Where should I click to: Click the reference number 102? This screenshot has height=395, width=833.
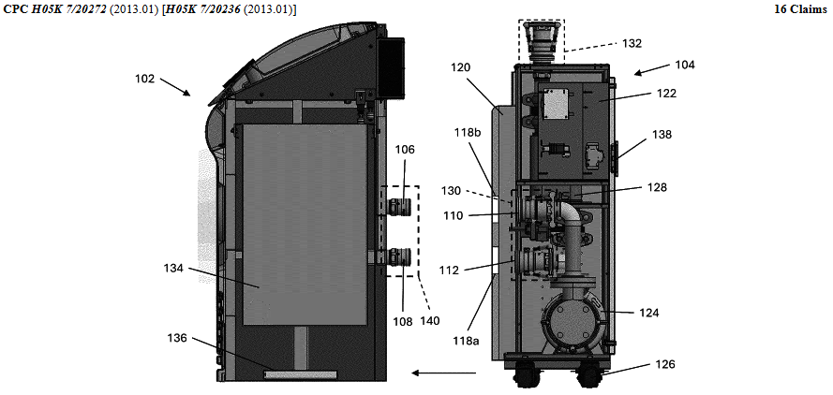point(144,80)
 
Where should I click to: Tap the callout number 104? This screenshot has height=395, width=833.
point(685,65)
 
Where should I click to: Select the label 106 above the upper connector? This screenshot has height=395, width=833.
point(405,151)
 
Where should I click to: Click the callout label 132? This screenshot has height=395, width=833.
point(632,44)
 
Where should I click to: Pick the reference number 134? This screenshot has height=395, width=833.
point(173,269)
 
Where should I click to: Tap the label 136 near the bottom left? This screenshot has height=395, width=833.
point(178,338)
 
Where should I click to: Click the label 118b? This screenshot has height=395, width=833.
point(468,132)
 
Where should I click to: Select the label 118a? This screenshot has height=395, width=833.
point(466,341)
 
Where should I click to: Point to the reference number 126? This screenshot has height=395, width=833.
point(665,364)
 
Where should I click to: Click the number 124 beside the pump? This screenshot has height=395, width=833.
point(648,314)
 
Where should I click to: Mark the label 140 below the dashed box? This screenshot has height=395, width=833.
point(430,321)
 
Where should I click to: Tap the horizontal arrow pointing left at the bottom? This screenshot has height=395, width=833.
point(444,373)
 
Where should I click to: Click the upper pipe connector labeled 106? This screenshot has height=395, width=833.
point(399,207)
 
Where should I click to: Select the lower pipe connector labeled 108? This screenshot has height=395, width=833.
point(399,256)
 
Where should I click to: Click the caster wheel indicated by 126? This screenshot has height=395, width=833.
point(590,376)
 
